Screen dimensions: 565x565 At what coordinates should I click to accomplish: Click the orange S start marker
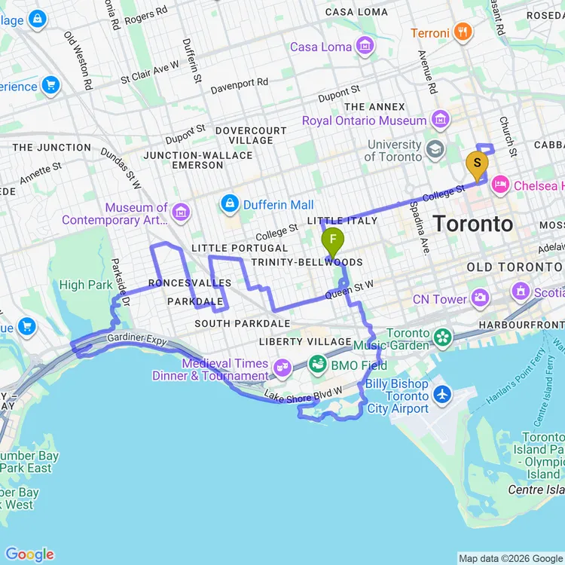coord(476,163)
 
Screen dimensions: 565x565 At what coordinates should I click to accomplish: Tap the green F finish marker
coord(332,240)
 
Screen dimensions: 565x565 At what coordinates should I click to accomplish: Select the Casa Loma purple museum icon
coord(365,47)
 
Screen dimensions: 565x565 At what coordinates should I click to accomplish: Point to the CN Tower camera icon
coord(480,299)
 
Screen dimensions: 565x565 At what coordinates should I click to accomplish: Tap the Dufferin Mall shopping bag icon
coord(229,204)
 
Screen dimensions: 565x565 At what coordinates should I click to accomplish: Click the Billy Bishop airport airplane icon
coord(441,394)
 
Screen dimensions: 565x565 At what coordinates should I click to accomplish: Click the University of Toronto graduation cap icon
coord(435,149)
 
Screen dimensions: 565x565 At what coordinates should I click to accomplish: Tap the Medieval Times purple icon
coord(282,368)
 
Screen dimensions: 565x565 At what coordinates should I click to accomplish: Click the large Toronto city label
coord(473,224)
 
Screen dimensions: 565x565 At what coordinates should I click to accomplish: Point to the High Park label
coord(86,285)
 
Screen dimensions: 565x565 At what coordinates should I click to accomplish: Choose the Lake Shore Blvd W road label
coord(303,394)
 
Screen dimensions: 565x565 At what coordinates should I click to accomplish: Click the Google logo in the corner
coord(29,554)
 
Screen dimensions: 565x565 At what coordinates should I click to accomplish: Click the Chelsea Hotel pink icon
coord(501,185)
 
